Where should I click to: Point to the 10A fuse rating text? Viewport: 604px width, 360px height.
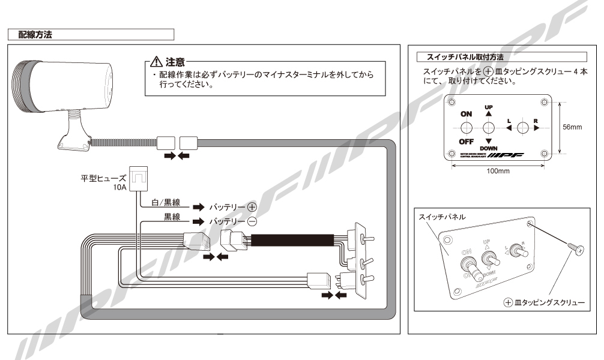point(120,187)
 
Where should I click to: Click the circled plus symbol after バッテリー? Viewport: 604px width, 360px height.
point(252,207)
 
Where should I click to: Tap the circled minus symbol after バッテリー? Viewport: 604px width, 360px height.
point(252,221)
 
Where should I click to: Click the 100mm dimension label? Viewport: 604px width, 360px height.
point(497,171)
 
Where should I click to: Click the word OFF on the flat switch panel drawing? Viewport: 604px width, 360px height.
point(466,142)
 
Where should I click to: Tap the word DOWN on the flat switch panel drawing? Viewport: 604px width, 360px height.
point(489,148)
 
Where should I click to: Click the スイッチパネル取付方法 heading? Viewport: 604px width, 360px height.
point(465,57)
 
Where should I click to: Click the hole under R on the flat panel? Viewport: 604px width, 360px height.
point(522,128)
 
